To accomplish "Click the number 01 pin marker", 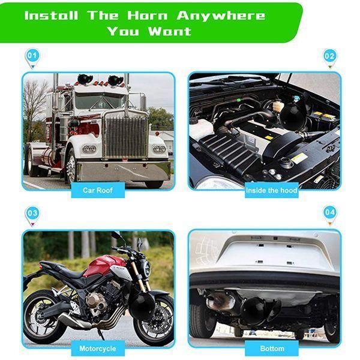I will point(32,56).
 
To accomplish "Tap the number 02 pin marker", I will point(329,56).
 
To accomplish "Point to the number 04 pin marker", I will point(329,213).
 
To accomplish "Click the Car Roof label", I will point(97,190).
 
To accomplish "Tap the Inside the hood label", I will point(272,190).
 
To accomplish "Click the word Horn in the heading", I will point(143,15).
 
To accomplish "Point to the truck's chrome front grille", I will point(125,137).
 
